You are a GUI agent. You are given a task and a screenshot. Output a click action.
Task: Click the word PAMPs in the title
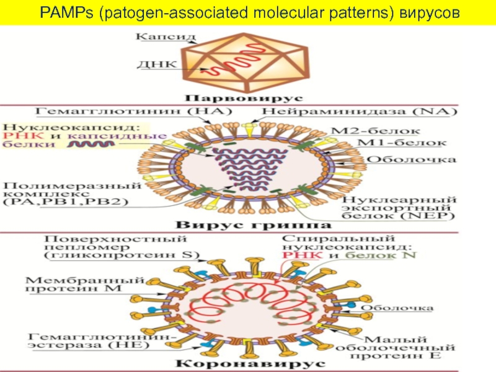point(66,13)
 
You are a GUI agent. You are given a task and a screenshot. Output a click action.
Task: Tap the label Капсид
point(166,37)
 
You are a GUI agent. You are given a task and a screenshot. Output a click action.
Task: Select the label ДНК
point(157,64)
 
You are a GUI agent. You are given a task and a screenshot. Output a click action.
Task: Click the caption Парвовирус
point(244,98)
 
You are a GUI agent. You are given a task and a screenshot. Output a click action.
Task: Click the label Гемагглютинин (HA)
point(133,111)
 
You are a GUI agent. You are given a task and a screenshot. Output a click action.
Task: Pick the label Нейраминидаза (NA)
point(360,112)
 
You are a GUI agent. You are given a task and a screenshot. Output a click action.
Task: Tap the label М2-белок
point(376,131)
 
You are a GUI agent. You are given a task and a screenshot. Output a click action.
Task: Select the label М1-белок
point(401,143)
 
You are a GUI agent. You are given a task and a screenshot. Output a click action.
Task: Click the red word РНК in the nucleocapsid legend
point(24,136)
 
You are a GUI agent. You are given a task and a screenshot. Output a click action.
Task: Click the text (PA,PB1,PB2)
point(66,202)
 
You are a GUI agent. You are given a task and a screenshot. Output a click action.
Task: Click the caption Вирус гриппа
point(254,225)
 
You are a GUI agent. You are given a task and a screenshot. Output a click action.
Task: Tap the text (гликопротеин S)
point(122,255)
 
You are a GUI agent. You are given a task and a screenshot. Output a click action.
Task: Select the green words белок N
point(381,255)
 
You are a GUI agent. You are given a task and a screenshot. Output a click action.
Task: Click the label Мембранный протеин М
point(85,284)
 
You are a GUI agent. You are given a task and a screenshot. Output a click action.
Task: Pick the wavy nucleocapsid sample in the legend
point(91,144)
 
